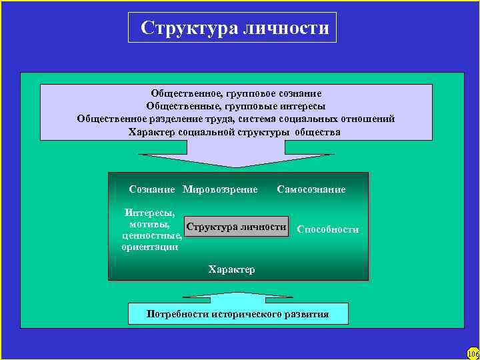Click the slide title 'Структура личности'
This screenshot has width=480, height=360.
(235, 28)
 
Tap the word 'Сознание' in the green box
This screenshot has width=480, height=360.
(152, 190)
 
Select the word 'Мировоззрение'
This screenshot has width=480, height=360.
(220, 190)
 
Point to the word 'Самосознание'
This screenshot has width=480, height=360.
(311, 190)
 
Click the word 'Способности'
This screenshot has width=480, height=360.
(327, 229)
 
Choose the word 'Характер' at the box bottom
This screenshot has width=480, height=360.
(231, 269)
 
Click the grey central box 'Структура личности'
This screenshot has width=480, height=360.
(237, 227)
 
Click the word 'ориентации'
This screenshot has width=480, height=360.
(150, 247)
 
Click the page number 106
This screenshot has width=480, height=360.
(473, 353)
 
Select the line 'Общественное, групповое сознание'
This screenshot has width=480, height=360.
(236, 94)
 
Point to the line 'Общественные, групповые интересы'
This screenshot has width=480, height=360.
(236, 106)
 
